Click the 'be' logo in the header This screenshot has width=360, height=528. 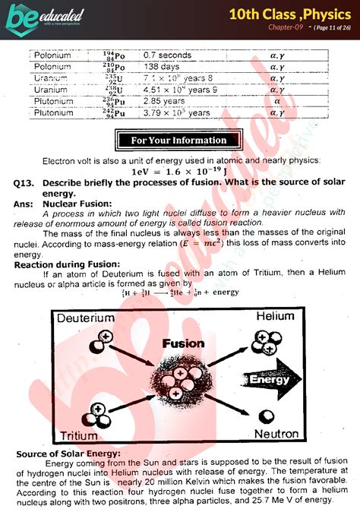pos(21,16)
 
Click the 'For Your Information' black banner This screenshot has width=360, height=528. pos(178,140)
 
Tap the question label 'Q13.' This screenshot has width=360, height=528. pos(25,183)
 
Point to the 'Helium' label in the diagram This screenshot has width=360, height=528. pos(276,315)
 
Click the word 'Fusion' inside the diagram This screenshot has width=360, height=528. pos(185,343)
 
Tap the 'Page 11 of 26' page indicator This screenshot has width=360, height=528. pos(321,27)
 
